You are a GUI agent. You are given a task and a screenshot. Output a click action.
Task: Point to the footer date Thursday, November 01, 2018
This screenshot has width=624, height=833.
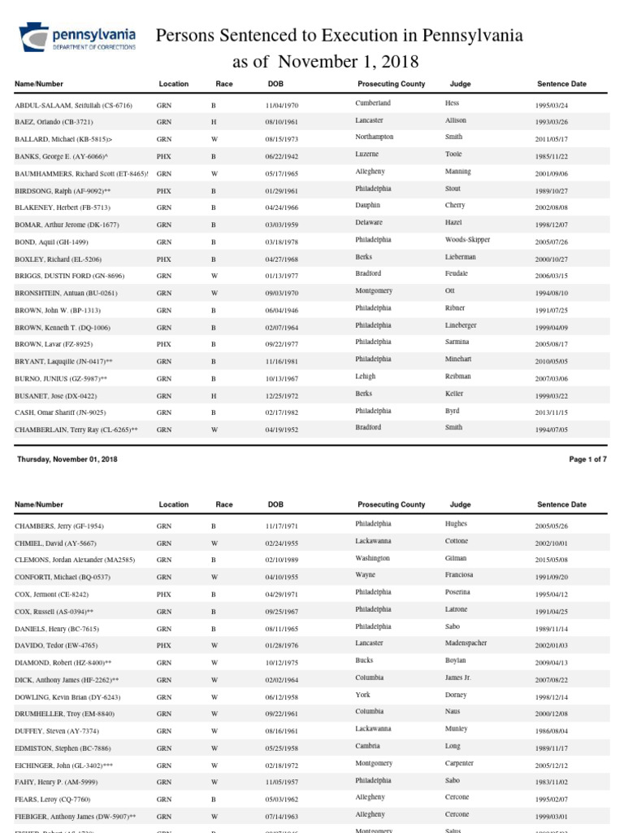67,460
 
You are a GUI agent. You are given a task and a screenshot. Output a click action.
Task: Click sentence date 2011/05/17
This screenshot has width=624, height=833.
552,139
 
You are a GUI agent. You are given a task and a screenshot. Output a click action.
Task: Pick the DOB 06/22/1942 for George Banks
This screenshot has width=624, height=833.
283,157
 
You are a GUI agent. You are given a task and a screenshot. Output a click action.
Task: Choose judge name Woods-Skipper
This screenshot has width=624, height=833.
467,240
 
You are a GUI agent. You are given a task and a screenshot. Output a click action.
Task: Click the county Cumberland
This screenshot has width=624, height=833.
373,103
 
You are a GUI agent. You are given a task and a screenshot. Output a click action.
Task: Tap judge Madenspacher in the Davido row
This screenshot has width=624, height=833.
466,643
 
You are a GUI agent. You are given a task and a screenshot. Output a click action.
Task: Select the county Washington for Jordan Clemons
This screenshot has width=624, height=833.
372,558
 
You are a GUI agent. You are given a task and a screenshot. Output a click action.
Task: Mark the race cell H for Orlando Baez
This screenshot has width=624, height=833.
214,123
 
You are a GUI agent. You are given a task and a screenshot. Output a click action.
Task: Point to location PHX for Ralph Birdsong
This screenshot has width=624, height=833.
164,191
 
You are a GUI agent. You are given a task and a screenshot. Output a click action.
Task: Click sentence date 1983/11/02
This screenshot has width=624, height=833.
552,783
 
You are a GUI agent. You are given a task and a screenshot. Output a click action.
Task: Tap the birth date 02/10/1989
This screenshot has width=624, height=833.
283,560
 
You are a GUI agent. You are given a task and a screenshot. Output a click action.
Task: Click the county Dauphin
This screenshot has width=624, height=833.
368,206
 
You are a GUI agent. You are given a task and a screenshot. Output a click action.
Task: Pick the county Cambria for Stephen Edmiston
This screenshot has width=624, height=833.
368,746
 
